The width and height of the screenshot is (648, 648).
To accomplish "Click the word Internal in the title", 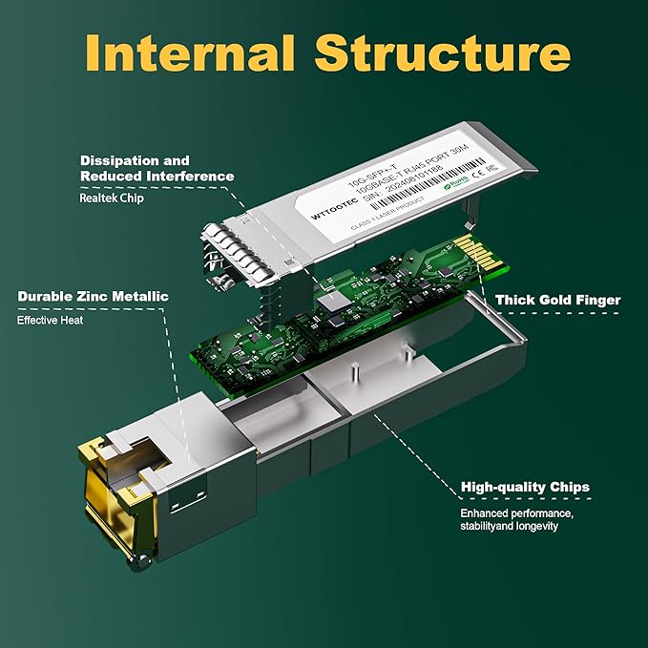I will [191, 54].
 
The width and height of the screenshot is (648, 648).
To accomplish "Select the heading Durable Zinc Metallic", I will [93, 297].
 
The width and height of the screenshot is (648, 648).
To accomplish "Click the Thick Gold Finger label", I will [557, 300].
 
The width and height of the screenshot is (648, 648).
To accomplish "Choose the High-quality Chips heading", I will [525, 487].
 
